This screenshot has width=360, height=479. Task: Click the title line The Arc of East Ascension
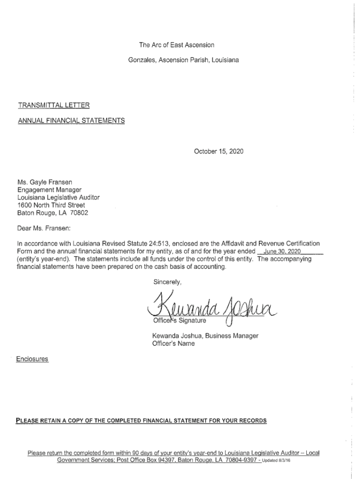tap(176, 45)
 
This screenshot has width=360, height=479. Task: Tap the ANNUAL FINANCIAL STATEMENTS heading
tap(71, 121)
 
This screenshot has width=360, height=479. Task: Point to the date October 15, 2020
tap(218, 152)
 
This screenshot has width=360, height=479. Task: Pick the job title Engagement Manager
tap(50, 189)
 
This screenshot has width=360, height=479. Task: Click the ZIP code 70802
tap(79, 212)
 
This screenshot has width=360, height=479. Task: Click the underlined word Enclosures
tap(33, 359)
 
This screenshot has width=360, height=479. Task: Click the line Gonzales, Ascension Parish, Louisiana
tap(183, 60)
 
